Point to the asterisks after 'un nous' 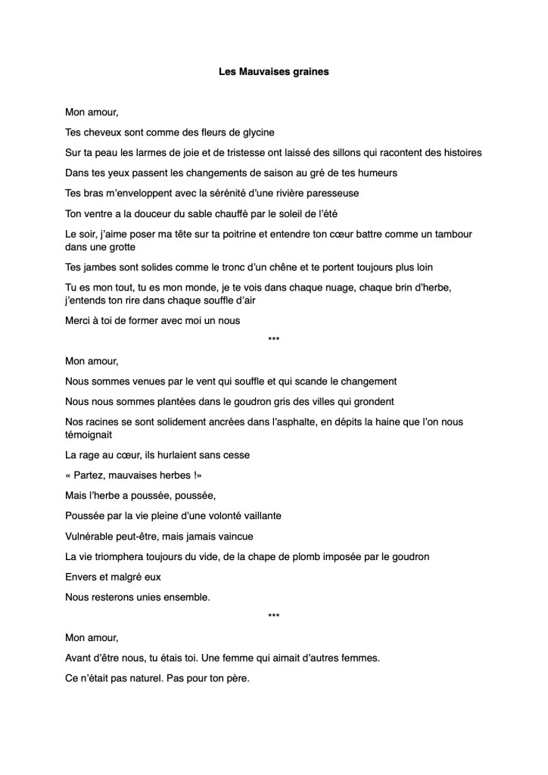coord(273,341)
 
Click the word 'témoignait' coord(89,434)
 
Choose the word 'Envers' coord(82,577)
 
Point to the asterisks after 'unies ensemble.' coord(273,617)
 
